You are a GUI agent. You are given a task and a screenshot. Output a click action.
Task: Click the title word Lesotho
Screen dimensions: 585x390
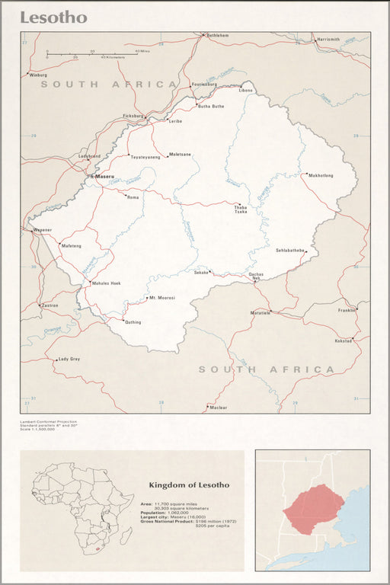[53, 18]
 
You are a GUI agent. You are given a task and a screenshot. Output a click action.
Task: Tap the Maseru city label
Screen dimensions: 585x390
[105, 177]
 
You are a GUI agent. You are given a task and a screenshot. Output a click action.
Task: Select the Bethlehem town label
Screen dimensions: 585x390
[216, 35]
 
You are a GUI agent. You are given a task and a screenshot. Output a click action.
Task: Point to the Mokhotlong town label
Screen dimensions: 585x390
[320, 175]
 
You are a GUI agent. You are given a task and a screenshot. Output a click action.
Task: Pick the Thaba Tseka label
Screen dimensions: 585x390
[241, 209]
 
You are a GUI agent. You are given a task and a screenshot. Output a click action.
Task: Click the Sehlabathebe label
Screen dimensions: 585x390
[290, 250]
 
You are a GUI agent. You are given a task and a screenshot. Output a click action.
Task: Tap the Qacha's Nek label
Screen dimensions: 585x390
[256, 276]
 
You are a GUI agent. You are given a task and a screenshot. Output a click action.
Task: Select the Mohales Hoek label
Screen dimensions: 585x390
[106, 283]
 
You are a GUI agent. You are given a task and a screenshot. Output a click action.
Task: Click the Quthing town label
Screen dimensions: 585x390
[133, 322]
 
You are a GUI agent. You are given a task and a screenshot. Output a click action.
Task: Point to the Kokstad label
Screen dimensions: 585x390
[344, 340]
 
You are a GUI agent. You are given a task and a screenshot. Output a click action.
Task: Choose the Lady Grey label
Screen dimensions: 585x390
[69, 359]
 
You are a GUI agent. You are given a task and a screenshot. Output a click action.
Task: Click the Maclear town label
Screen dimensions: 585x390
[219, 408]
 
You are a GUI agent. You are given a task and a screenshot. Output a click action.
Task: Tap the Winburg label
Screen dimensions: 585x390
[38, 75]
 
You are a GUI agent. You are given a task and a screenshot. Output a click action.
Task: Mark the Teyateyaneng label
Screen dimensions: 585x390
[145, 157]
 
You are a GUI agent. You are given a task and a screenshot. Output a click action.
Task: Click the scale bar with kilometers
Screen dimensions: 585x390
[91, 54]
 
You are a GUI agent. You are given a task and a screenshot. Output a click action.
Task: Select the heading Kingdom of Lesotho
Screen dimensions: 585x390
[188, 484]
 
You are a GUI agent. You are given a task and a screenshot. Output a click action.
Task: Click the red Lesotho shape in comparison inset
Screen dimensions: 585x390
[314, 508]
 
